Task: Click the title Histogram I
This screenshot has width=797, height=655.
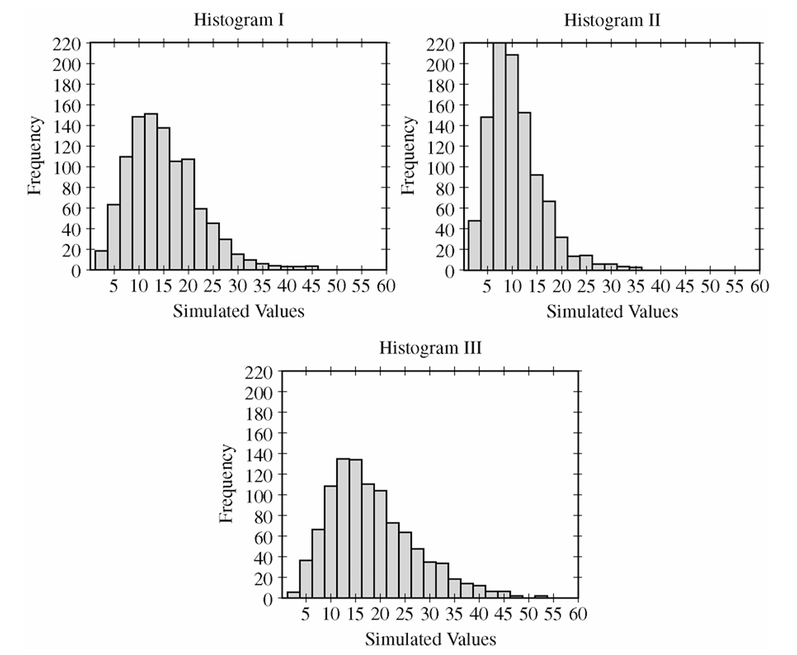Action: pos(239,20)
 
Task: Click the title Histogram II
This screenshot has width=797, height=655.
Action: pos(612,20)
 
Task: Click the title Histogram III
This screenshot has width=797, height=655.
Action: pos(430,348)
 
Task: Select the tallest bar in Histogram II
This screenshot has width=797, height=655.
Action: pos(500,157)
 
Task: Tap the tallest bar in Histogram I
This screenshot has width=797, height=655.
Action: pos(151,192)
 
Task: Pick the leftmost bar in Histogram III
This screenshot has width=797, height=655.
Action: pos(294,595)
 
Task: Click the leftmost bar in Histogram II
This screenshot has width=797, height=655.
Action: pos(475,246)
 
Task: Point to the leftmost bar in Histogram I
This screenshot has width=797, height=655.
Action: pos(101,260)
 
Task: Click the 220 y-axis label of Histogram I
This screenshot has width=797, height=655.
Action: pos(66,45)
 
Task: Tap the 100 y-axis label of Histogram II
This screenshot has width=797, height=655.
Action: pos(441,167)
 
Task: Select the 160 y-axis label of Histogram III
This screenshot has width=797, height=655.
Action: pos(259,434)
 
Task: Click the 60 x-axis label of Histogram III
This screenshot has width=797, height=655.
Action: pos(578,614)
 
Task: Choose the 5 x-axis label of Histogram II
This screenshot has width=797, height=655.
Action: pos(487,286)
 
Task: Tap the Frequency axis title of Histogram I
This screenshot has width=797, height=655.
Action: pos(34,155)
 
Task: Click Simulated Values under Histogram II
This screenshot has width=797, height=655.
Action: pos(612,311)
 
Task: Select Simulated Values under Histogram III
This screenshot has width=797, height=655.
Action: pos(430,639)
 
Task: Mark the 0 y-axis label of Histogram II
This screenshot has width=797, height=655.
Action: pos(450,271)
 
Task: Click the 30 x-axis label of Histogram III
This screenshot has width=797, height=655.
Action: pos(429,614)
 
